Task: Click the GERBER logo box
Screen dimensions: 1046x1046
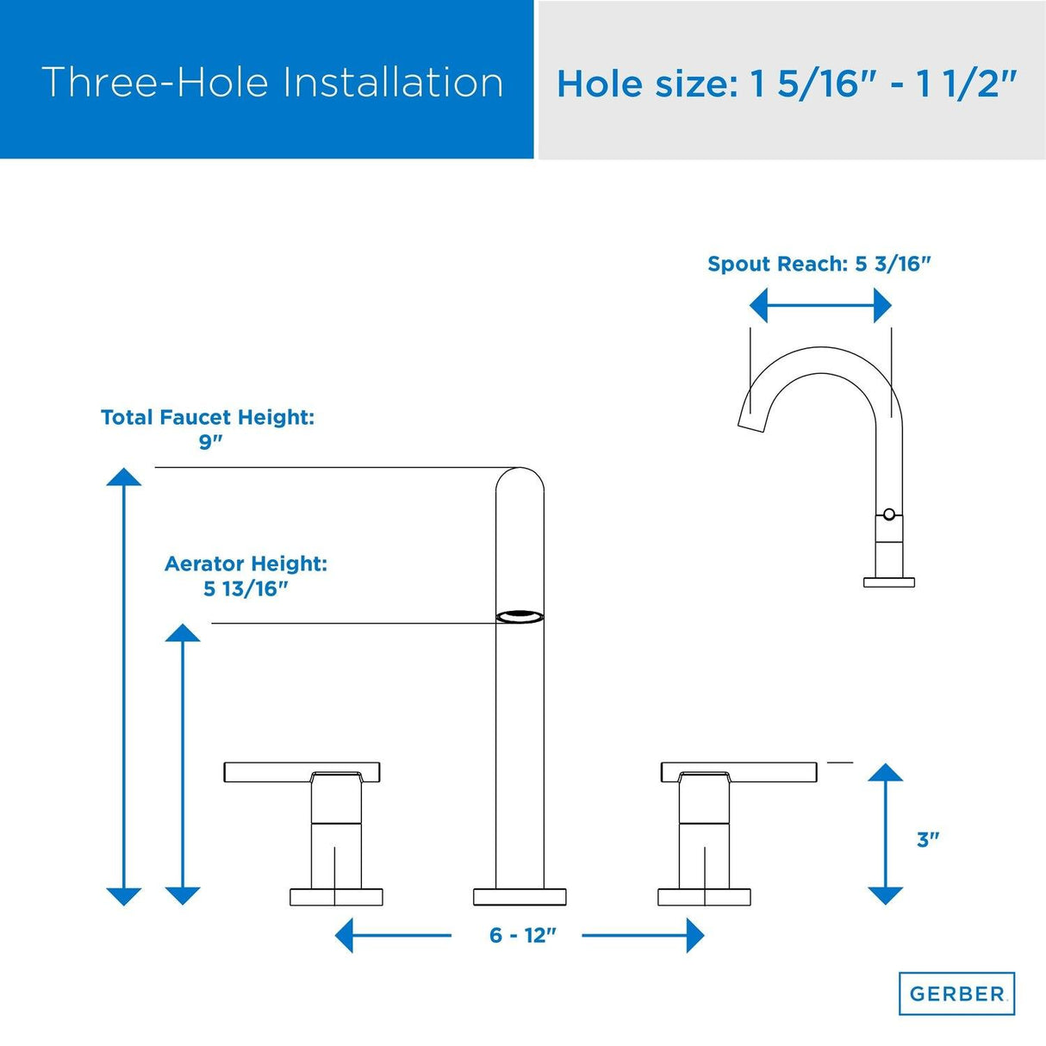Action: click(x=956, y=993)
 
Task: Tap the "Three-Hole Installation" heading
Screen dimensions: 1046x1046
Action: click(x=272, y=83)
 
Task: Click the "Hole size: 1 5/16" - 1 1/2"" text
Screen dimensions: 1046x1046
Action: click(x=786, y=84)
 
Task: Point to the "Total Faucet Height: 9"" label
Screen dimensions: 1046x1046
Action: click(x=208, y=429)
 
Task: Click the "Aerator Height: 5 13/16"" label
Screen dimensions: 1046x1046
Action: click(x=246, y=576)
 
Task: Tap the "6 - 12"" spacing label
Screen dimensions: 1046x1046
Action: click(x=523, y=935)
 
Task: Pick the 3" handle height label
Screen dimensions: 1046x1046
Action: click(x=928, y=839)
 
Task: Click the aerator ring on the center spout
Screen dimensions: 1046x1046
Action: click(x=520, y=617)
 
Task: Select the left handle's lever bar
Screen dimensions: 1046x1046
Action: click(x=302, y=772)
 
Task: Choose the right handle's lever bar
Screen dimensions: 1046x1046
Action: click(x=738, y=772)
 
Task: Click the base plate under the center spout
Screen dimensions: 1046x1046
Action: click(x=520, y=897)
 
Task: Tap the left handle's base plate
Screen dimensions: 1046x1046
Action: click(x=336, y=897)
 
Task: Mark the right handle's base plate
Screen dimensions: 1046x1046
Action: click(x=704, y=897)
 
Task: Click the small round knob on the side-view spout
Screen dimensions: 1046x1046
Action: click(x=888, y=514)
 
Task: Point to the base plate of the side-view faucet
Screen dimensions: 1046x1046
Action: click(x=889, y=582)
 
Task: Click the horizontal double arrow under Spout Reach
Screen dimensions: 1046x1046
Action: click(x=820, y=305)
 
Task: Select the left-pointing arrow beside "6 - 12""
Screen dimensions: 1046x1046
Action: click(x=393, y=935)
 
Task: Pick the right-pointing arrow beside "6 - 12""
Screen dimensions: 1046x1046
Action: click(x=643, y=935)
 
